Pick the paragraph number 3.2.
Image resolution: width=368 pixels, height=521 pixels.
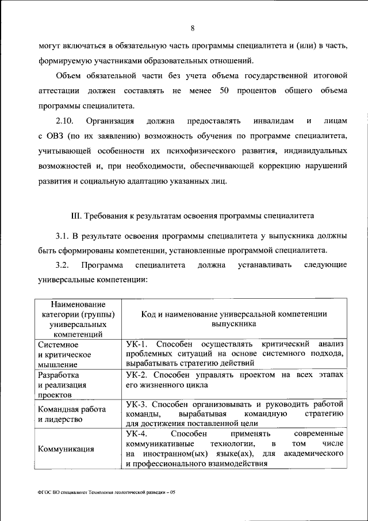pyautogui.click(x=62, y=265)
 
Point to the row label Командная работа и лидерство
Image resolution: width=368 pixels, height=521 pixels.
pyautogui.click(x=71, y=414)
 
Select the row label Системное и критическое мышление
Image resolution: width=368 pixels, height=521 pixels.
pyautogui.click(x=65, y=353)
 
